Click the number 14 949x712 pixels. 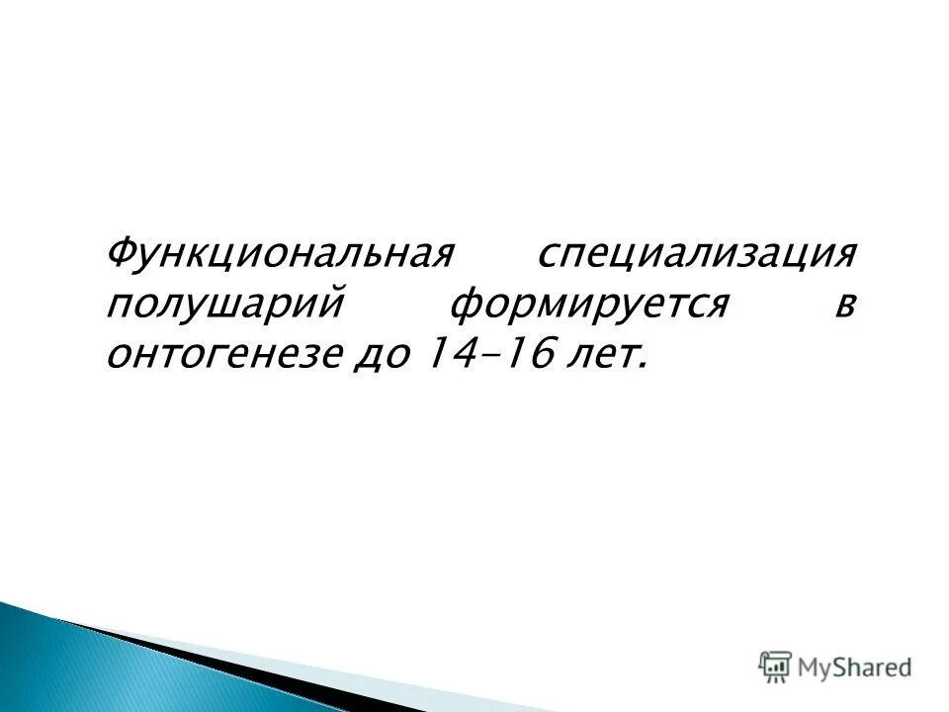pos(442,353)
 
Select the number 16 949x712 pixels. pos(523,353)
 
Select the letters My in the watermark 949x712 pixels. pos(816,667)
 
